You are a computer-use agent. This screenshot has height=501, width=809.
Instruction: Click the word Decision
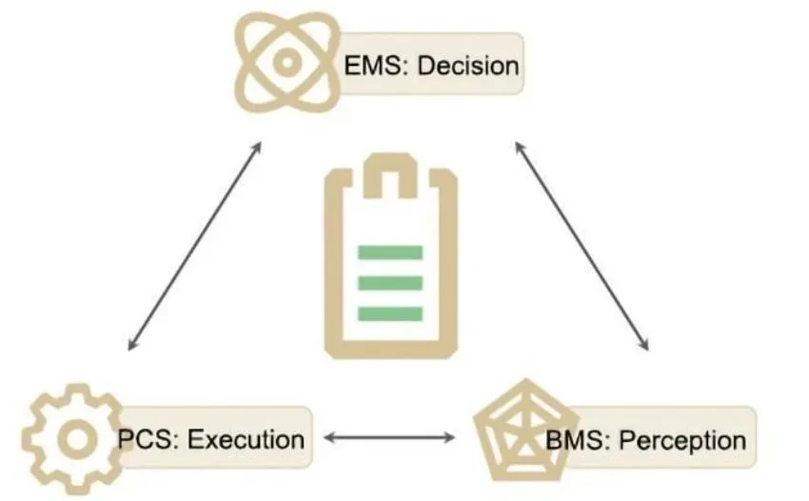pos(470,66)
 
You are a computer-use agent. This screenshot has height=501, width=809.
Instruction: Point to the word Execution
pos(246,439)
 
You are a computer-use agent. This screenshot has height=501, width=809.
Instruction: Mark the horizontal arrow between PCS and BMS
pos(388,438)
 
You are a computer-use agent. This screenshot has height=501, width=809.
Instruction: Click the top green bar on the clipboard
pos(388,252)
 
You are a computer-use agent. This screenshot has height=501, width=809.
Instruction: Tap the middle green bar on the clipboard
pos(388,283)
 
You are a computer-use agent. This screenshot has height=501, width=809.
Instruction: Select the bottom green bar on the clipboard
pos(388,313)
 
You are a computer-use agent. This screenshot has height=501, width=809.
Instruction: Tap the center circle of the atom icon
pos(286,60)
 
